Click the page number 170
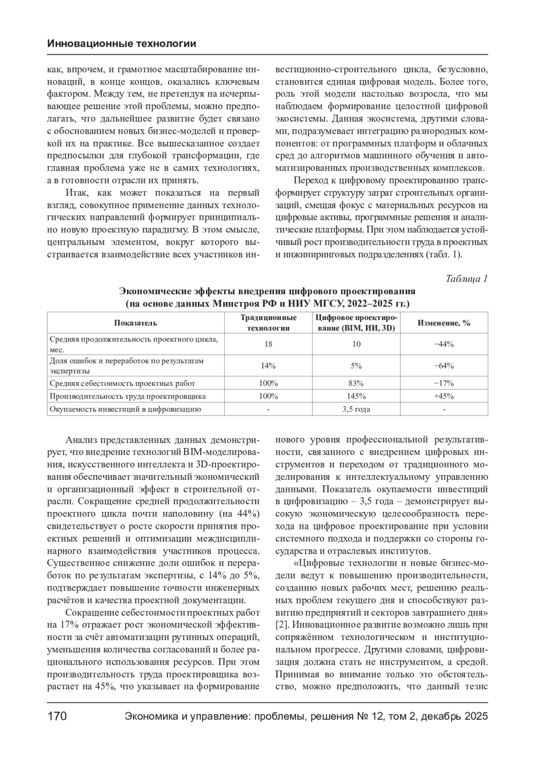[57, 716]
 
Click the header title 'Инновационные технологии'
[121, 44]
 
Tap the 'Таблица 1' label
[467, 279]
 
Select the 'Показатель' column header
[136, 323]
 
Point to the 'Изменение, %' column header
[444, 323]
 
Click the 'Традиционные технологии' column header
[268, 323]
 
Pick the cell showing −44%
[444, 344]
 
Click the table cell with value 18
[268, 344]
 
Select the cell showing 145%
[356, 396]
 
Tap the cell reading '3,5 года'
[356, 409]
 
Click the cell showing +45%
[444, 396]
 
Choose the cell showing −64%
[444, 366]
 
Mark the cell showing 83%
[356, 383]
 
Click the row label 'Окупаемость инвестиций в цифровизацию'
[125, 409]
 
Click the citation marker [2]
[283, 624]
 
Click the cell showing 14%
[268, 366]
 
